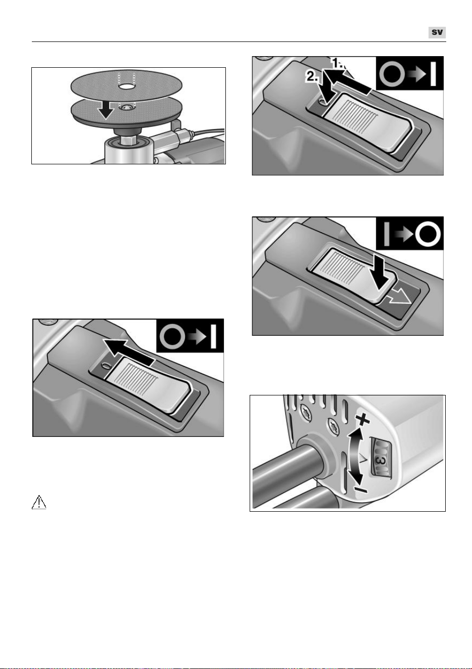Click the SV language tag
437,32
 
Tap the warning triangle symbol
39,502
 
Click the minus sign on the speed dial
362,490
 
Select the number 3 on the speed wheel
381,461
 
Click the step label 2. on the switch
312,77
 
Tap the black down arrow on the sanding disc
106,109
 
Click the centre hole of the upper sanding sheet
126,86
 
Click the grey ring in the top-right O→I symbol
392,74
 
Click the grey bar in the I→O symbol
386,233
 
